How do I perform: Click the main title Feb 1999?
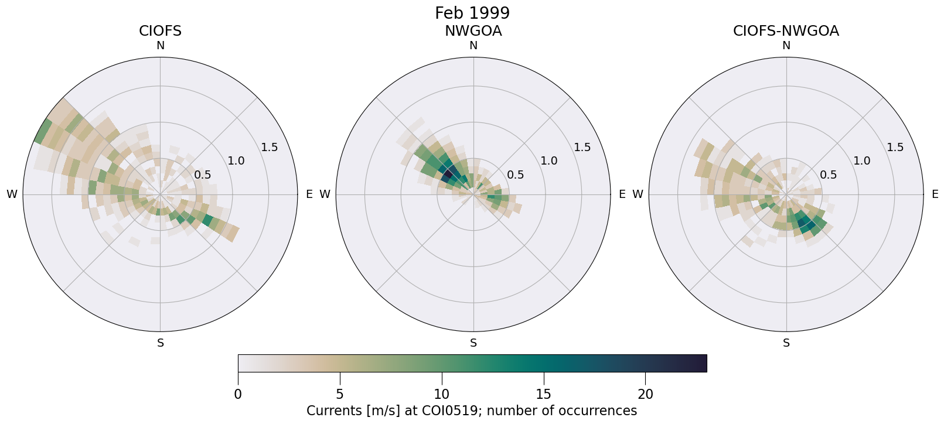(x=472, y=13)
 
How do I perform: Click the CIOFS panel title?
(x=160, y=31)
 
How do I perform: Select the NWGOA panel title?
(x=473, y=31)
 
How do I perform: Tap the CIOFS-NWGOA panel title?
(x=786, y=31)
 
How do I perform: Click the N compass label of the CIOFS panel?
(x=160, y=46)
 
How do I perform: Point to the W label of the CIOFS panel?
(x=12, y=194)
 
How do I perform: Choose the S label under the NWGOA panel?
(x=473, y=343)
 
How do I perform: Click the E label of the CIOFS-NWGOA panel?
(x=935, y=194)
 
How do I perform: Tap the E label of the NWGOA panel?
(x=622, y=194)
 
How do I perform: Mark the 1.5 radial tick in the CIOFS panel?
(x=270, y=147)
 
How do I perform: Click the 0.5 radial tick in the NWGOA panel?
(x=516, y=175)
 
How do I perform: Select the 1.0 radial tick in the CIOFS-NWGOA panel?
(x=862, y=160)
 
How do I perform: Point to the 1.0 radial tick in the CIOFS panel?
(x=236, y=160)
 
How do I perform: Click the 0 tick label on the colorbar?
(x=238, y=395)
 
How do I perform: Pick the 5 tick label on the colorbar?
(x=340, y=395)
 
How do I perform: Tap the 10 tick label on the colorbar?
(x=442, y=395)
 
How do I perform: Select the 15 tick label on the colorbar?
(x=544, y=395)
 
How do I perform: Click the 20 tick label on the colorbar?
(x=646, y=395)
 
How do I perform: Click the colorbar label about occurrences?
(x=472, y=411)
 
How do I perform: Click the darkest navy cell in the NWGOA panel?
(x=450, y=174)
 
